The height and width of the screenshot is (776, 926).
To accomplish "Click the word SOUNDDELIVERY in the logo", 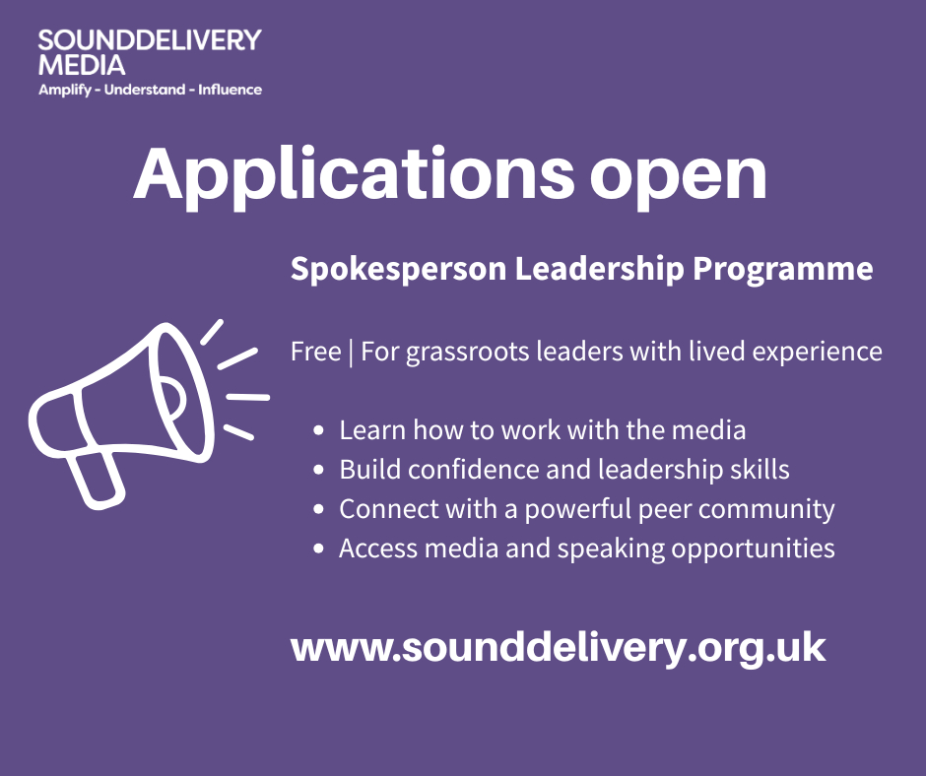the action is [x=150, y=40].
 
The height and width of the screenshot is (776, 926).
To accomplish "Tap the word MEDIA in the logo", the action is [x=82, y=65].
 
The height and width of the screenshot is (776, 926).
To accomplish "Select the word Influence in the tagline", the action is [x=230, y=90].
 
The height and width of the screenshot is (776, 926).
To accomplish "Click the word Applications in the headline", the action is [x=354, y=175].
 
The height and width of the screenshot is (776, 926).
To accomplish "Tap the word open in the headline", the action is [x=678, y=180].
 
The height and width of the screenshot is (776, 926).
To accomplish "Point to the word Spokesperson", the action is [x=399, y=269].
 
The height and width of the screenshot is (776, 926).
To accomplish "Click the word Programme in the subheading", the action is [x=782, y=269].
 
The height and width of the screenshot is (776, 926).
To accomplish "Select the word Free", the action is [x=315, y=352].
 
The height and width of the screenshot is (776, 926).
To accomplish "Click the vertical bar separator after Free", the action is [x=351, y=353].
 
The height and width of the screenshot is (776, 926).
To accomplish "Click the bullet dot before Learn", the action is [x=319, y=430].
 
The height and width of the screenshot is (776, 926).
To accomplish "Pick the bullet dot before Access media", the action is [x=319, y=549].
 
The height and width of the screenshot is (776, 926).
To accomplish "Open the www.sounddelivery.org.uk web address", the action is [x=558, y=648].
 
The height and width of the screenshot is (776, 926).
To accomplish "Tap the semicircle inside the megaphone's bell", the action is [x=171, y=397].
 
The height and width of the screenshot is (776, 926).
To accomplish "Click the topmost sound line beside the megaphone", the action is [x=212, y=332].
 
